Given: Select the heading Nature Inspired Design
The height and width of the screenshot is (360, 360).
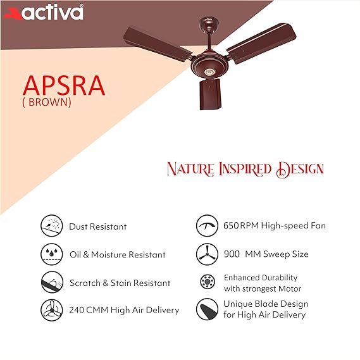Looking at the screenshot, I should [245, 169].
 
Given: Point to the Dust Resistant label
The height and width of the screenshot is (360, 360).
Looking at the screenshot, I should [98, 227].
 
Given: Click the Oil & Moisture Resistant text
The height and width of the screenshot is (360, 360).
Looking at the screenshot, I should [117, 254].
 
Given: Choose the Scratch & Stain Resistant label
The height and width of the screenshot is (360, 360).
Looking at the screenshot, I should [120, 283].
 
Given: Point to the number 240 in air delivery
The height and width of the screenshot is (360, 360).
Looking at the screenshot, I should [78, 310].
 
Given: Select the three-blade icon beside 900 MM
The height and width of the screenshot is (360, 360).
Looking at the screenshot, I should [206, 254].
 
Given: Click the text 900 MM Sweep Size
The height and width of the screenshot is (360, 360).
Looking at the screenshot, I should [266, 254].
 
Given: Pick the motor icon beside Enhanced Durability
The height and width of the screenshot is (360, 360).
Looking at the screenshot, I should [206, 282].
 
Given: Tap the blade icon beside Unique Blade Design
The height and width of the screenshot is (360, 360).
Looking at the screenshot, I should [206, 309].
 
